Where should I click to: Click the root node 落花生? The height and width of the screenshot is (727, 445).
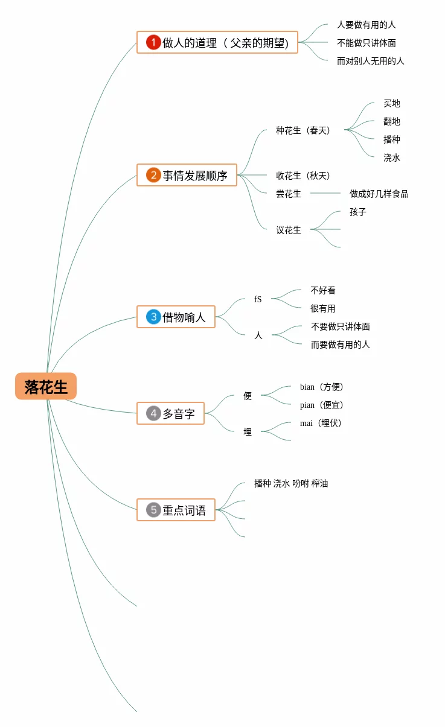coord(46,387)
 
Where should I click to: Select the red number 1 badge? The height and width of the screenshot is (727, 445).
coord(153,42)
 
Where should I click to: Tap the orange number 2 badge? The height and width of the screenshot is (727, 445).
coord(153,175)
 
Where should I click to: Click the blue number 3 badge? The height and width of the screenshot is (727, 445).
coord(153,317)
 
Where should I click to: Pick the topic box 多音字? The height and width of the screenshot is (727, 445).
coord(170,413)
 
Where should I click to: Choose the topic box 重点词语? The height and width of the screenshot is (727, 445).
coord(176,510)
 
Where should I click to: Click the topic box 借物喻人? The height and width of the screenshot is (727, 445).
coord(176,317)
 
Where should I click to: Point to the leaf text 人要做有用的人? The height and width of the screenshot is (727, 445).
coord(366,25)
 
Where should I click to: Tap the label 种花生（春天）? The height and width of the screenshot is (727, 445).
coord(303,130)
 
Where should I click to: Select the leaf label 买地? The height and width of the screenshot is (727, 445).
coord(391,103)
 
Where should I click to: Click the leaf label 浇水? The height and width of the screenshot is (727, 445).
coord(391,157)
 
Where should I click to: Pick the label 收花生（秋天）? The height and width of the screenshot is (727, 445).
coord(303,176)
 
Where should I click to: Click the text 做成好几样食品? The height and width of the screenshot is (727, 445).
coord(379,194)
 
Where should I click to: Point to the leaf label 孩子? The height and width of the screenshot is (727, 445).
coord(357,212)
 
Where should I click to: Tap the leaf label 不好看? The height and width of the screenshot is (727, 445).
coord(322,290)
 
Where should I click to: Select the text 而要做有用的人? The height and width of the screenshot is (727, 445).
coord(340,344)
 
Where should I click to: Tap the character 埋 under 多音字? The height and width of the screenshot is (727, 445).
coord(248,432)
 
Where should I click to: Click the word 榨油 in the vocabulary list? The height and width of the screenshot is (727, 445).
coord(319,483)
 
